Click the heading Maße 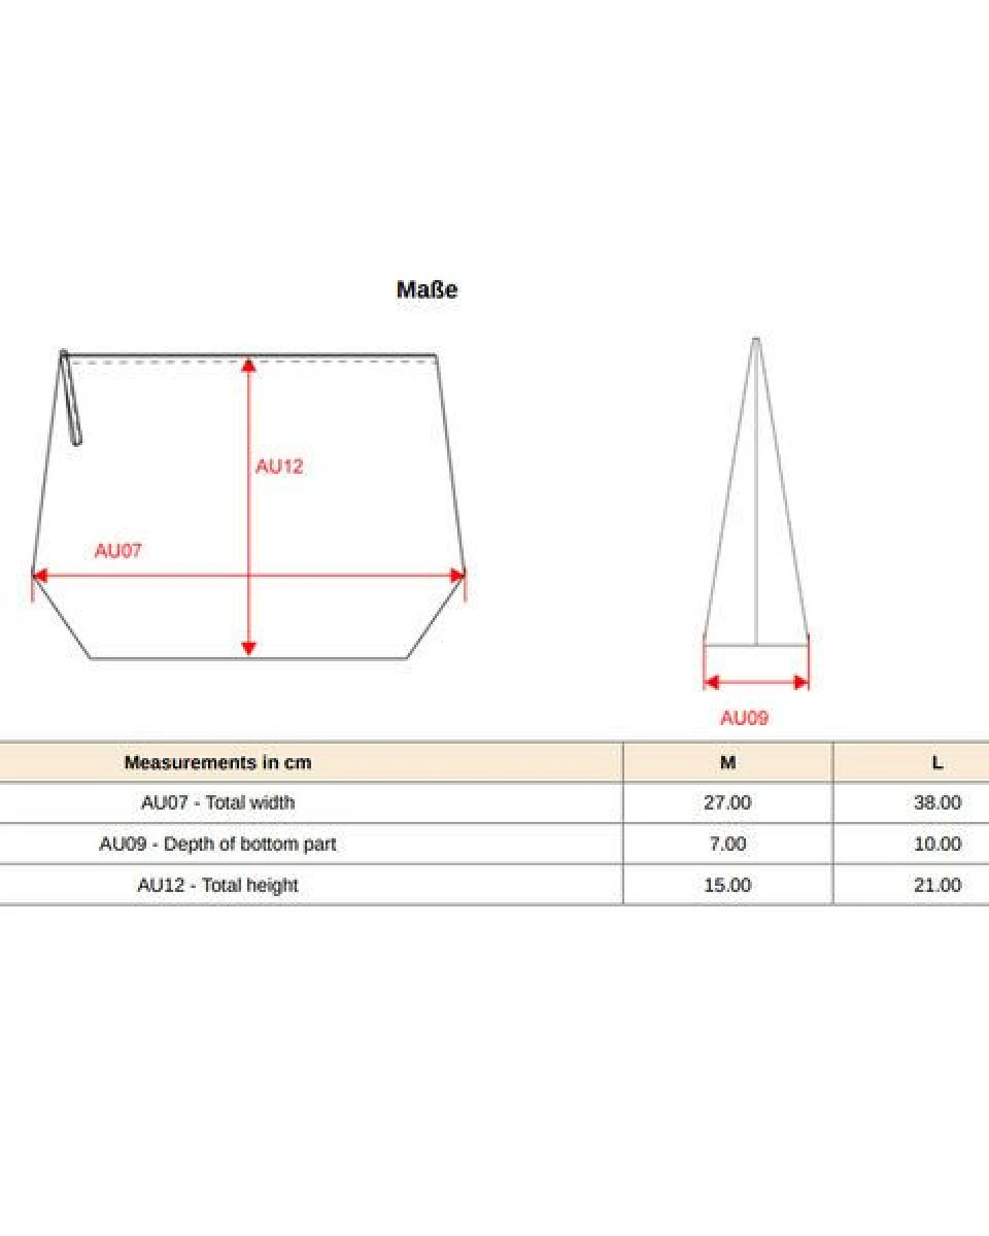point(427,289)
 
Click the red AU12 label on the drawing point(279,467)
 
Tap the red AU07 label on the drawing point(118,551)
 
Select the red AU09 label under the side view point(744,718)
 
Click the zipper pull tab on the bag point(71,398)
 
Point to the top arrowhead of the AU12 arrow point(249,365)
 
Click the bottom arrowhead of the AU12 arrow point(249,649)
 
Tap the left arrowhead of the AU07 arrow point(41,575)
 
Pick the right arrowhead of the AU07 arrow point(457,575)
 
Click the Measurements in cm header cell point(218,762)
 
